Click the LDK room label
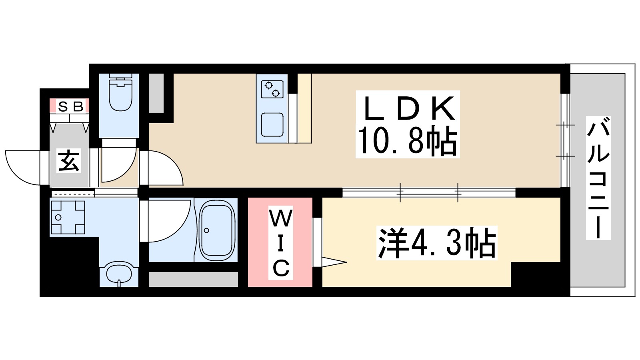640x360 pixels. click(408, 109)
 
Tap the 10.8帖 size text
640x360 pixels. click(407, 141)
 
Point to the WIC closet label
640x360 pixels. click(280, 243)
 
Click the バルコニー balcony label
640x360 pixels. click(598, 178)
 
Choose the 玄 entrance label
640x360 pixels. click(69, 161)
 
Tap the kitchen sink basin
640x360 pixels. click(272, 125)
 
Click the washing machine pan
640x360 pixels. click(68, 218)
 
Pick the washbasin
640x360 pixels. click(119, 274)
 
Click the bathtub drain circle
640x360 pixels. click(206, 230)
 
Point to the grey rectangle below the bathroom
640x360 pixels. click(193, 279)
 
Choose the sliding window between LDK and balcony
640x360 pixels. click(564, 140)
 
